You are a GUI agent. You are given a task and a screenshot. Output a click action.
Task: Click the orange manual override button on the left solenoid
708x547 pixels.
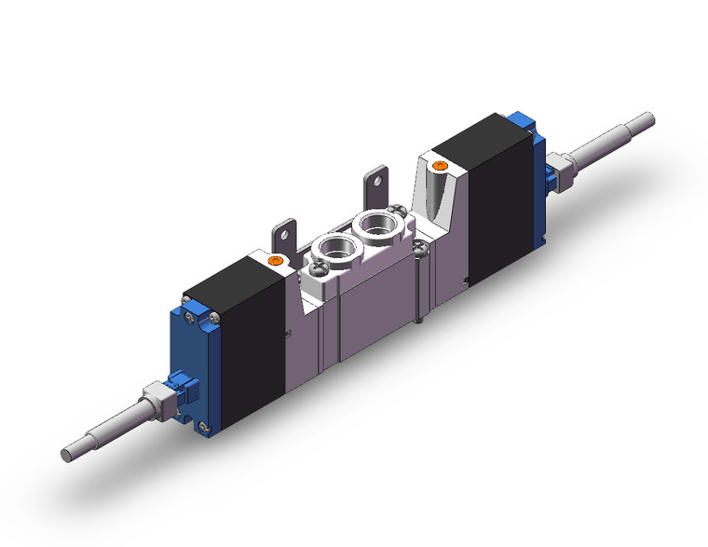tap(273, 263)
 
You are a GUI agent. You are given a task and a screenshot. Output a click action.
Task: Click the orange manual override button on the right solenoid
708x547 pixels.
tap(442, 168)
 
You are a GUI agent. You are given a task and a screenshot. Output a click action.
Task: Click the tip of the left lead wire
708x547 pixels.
tap(66, 455)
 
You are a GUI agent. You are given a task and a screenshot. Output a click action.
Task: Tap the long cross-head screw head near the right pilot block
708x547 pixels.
tap(422, 247)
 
